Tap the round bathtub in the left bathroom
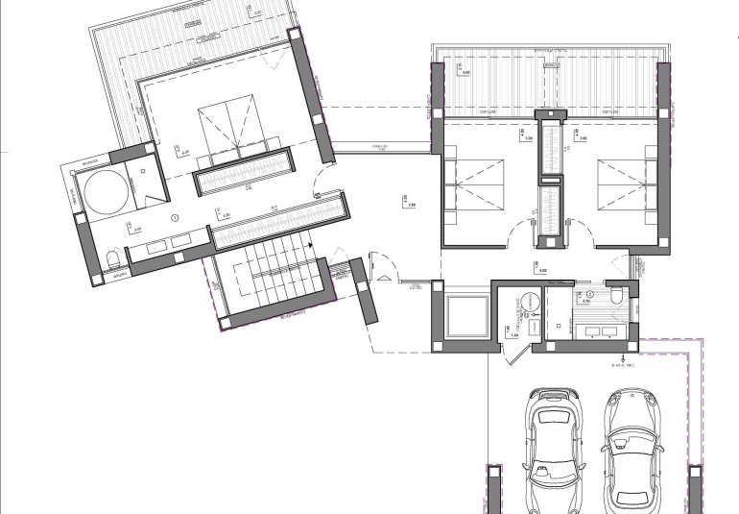point(104,192)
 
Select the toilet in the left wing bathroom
point(114,260)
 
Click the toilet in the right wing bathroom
point(617,295)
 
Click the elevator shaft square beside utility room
point(466,316)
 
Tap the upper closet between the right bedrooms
point(552,147)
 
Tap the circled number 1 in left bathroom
point(176,217)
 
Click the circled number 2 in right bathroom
point(591,293)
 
